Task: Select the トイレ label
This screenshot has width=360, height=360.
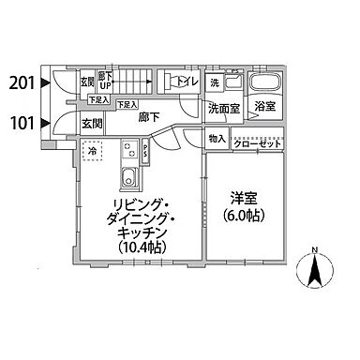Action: tap(187, 82)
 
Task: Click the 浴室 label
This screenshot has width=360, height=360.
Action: tap(264, 109)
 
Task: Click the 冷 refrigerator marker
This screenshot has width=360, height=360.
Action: tap(93, 150)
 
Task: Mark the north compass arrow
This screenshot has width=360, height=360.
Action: tap(315, 273)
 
